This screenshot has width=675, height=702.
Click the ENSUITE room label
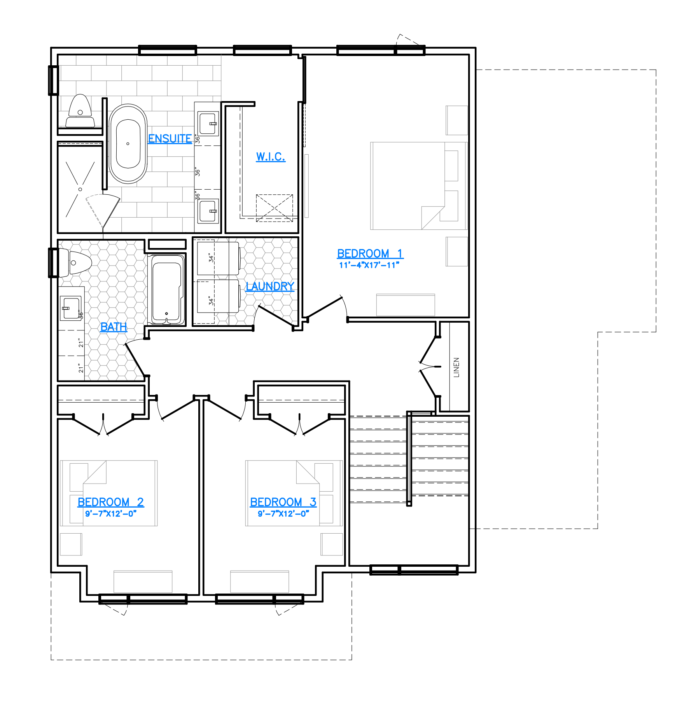pyautogui.click(x=170, y=139)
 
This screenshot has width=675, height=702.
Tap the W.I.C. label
pyautogui.click(x=271, y=157)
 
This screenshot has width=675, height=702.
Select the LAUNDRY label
pyautogui.click(x=270, y=286)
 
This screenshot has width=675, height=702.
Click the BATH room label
pyautogui.click(x=114, y=327)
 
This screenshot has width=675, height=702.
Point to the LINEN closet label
pyautogui.click(x=456, y=367)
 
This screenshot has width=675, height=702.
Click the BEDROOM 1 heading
pyautogui.click(x=370, y=253)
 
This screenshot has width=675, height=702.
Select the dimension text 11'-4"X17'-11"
pyautogui.click(x=369, y=265)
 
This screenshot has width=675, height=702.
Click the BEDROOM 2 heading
pyautogui.click(x=111, y=502)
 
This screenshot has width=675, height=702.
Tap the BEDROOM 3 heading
pyautogui.click(x=283, y=502)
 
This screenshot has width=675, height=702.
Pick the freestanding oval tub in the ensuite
pyautogui.click(x=128, y=143)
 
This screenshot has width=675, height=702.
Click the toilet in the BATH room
pyautogui.click(x=75, y=263)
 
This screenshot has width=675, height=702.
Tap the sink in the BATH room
pyautogui.click(x=70, y=308)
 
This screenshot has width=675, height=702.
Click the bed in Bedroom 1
pyautogui.click(x=419, y=186)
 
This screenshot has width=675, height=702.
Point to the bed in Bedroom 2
pyautogui.click(x=109, y=493)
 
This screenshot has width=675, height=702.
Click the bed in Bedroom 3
pyautogui.click(x=294, y=493)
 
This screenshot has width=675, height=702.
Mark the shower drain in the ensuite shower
pyautogui.click(x=80, y=189)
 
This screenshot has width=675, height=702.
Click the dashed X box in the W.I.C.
pyautogui.click(x=275, y=208)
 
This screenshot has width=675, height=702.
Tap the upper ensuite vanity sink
pyautogui.click(x=208, y=123)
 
